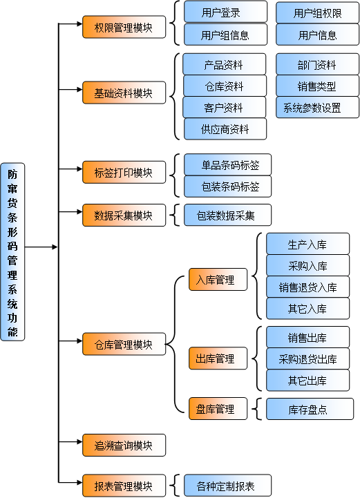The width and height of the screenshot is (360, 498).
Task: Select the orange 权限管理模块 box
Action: coord(124,28)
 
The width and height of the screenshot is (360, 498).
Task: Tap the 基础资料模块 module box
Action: coord(124,93)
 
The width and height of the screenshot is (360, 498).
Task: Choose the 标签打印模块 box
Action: coord(124,172)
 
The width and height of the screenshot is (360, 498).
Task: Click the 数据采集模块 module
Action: coord(124,215)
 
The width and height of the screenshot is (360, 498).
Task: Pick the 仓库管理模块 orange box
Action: coord(124,344)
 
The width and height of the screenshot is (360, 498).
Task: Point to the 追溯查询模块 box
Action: coord(124,446)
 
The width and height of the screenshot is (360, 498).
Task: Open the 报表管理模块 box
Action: coord(124,485)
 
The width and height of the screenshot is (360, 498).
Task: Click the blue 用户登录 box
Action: coord(225,12)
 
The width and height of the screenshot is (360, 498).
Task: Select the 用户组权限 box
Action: coord(317,12)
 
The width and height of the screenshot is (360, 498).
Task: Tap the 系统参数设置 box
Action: coord(317,108)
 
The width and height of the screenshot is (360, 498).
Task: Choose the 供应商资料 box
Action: coord(225,129)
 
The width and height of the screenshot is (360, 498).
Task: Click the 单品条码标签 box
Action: coord(227,165)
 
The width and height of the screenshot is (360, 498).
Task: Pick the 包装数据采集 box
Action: coord(227,216)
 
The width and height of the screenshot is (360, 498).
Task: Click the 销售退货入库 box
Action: coord(307,287)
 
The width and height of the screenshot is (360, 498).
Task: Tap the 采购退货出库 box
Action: coord(307,359)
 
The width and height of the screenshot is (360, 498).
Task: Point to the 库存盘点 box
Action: coord(307,410)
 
